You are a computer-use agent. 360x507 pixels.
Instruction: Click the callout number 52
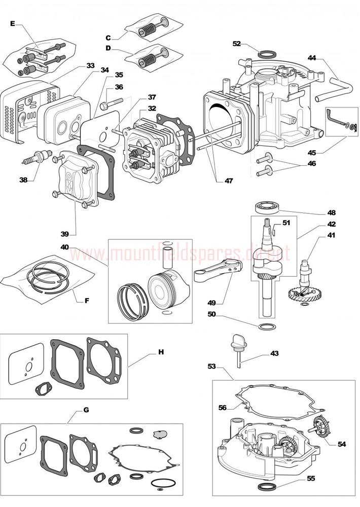(x=236, y=44)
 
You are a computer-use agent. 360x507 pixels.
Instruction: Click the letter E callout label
(x=13, y=23)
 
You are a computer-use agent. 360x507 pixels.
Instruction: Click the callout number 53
(x=212, y=366)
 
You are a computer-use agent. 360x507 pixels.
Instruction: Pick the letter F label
(x=87, y=300)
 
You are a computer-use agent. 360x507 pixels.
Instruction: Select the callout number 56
(x=223, y=407)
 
